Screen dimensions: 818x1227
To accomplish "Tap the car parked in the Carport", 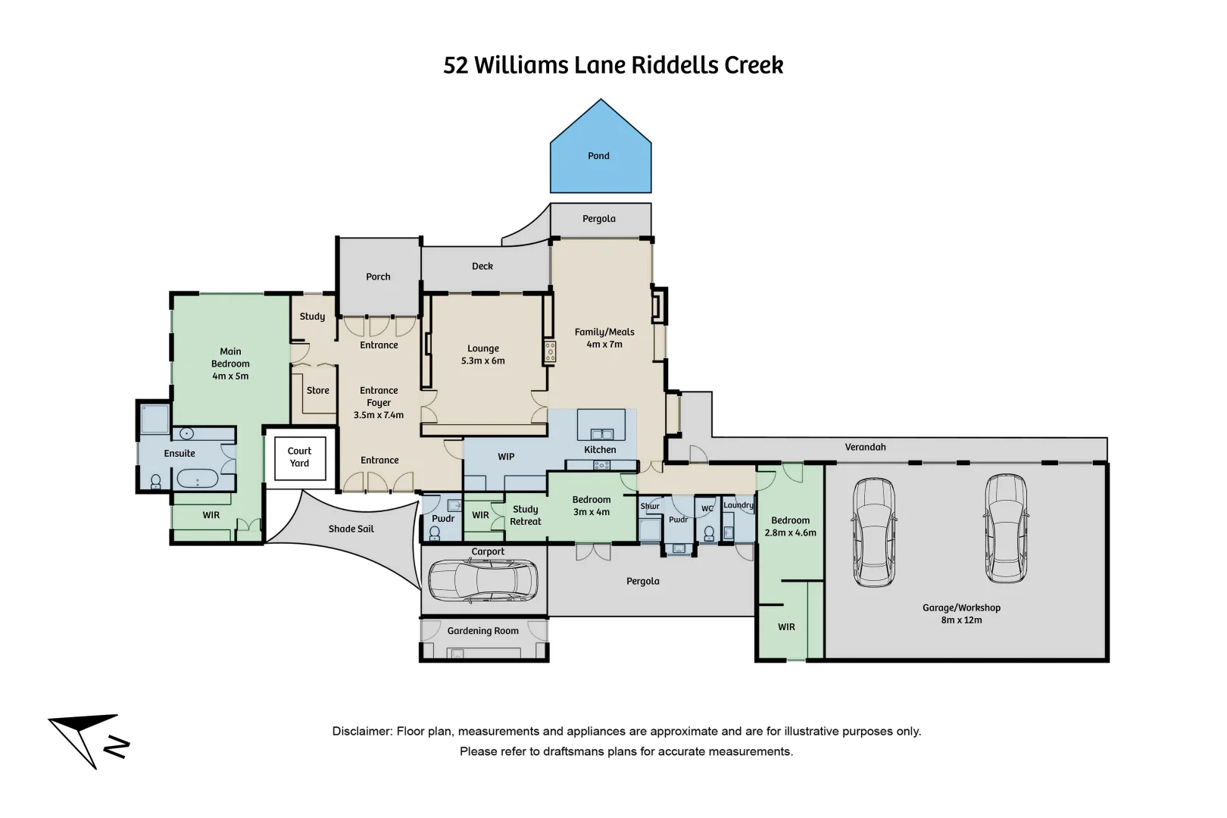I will coord(483,582).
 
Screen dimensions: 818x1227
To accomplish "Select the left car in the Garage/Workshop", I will coord(874,532).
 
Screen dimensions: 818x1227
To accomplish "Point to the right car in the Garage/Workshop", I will coord(1006,529).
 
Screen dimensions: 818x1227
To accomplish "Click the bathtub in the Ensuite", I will coord(197,479).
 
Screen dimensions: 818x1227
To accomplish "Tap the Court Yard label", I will coord(299,457).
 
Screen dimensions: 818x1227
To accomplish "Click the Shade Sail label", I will coord(351,529).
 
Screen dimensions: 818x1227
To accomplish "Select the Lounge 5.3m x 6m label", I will coord(482,354).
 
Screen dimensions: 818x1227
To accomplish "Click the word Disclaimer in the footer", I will coord(361,731).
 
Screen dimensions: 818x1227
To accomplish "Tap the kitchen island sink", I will coord(601,434).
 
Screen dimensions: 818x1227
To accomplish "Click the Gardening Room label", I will coord(482,631).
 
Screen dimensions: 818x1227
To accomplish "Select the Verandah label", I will coord(865,447).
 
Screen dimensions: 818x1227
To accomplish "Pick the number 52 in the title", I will coord(455,65).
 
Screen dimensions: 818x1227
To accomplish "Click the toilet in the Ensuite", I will coord(156,482).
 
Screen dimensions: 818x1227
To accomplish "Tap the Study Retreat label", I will coord(525,515).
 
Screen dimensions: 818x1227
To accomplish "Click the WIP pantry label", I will coord(506,457).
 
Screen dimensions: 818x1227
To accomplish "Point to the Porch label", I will coord(378,276).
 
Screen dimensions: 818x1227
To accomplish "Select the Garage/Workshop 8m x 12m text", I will coord(961,613).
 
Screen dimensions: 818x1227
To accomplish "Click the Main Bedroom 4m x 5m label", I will coord(230,364).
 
